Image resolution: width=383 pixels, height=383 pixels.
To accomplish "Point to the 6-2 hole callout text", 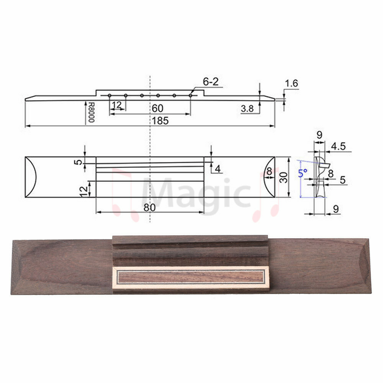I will [x=211, y=82].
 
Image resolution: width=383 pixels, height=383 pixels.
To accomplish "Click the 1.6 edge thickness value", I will [x=291, y=83].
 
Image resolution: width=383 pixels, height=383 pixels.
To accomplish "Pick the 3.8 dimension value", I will [x=247, y=109].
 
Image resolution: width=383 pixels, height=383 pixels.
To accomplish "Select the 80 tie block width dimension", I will [x=150, y=208].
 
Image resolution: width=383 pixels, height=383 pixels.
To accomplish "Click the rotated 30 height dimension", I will [x=284, y=177].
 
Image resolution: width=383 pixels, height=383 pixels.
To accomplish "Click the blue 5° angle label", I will [x=303, y=173].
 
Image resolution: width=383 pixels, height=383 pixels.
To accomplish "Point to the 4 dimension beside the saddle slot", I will [x=218, y=168].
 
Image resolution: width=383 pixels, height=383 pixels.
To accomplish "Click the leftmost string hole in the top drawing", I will [x=110, y=95].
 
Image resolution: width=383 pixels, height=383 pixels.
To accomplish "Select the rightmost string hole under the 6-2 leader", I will [x=190, y=95].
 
